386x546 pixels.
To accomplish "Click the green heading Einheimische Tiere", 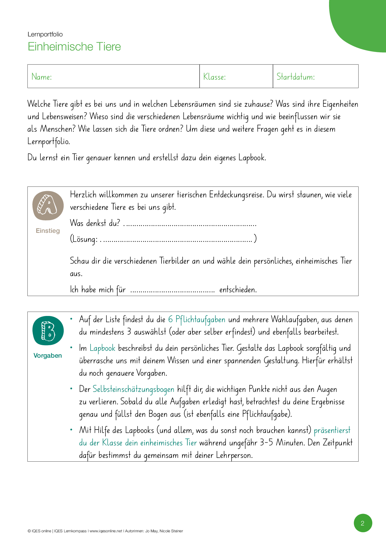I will click(x=74, y=47).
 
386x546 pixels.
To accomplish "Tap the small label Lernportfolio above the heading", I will click(x=45, y=34).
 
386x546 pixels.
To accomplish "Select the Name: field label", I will click(x=42, y=77).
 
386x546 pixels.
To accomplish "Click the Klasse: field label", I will click(x=214, y=77).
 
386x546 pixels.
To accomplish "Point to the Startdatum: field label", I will click(x=295, y=77).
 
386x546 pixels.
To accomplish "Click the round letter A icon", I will click(x=48, y=206).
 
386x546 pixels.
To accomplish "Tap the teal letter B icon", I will click(x=48, y=331).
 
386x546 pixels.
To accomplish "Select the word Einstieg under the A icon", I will click(x=48, y=231).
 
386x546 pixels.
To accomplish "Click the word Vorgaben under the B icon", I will click(x=48, y=355).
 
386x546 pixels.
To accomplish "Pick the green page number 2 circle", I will click(x=363, y=523).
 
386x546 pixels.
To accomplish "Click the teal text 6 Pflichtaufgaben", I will click(x=196, y=320).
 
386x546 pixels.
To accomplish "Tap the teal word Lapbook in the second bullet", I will click(x=102, y=348).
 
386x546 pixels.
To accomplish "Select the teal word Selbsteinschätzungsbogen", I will click(x=133, y=389).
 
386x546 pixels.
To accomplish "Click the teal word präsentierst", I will click(x=332, y=431).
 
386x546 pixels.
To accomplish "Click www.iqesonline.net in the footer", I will click(x=106, y=531).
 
